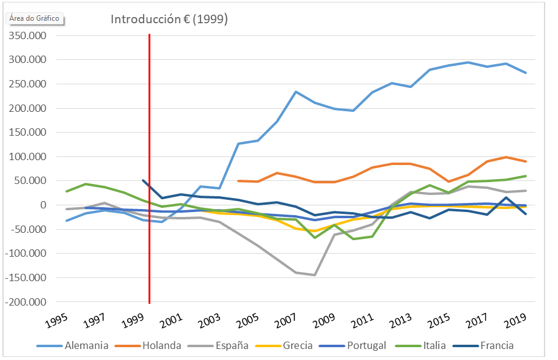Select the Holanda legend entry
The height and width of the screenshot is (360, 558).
point(161,345)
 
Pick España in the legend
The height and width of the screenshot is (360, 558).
point(232,345)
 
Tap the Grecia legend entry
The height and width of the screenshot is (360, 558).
point(298,345)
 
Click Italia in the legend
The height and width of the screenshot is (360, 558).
point(434,345)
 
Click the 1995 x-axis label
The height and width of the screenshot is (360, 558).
point(54,320)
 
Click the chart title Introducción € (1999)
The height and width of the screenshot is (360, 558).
point(169,19)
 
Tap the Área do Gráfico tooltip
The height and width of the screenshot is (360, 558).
point(35,18)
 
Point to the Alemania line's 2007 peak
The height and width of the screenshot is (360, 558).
point(296,92)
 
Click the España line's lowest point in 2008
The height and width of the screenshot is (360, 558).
point(314,275)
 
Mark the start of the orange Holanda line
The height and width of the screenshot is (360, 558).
point(238,181)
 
